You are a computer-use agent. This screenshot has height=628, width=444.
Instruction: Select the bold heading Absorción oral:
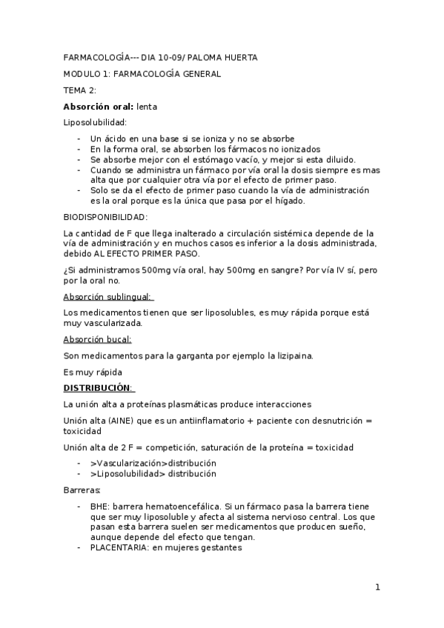[x=98, y=106]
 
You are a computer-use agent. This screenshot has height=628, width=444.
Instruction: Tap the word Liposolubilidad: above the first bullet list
[x=96, y=122]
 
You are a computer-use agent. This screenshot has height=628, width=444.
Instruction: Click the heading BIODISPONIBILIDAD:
[x=105, y=216]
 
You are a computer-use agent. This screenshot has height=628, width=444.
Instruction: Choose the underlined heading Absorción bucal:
[x=97, y=340]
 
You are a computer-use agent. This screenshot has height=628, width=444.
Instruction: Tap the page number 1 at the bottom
[x=377, y=588]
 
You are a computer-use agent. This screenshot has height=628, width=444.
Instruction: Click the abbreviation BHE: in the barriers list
[x=100, y=506]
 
